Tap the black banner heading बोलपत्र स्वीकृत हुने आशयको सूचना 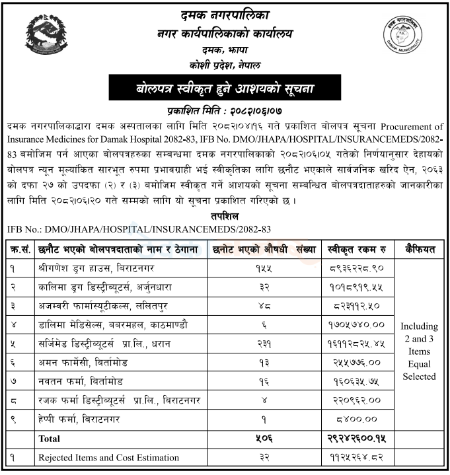coord(225,87)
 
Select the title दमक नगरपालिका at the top coord(225,15)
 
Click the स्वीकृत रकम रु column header coord(357,250)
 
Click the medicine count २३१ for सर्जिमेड coord(263,344)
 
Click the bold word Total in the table coord(49,438)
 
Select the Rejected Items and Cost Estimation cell coord(108,457)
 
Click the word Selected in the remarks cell coord(419,377)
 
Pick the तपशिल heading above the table coord(226,217)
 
